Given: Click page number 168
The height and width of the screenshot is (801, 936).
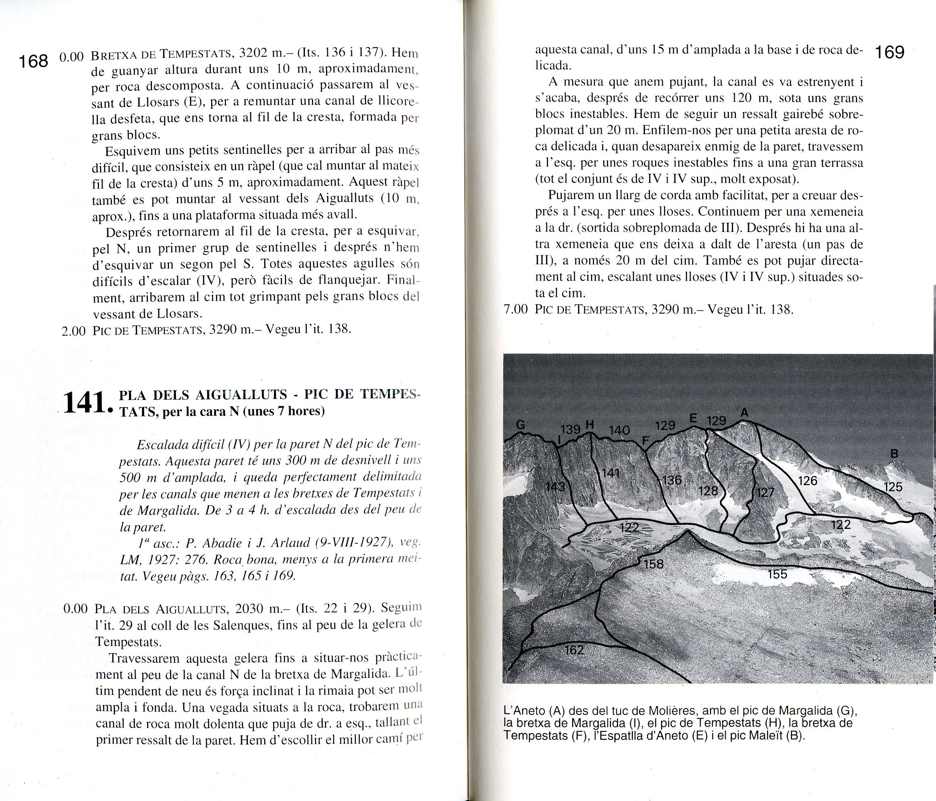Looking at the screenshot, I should click(33, 61).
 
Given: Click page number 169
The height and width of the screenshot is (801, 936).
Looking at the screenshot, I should click(889, 53).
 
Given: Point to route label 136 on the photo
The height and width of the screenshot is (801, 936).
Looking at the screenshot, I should click(671, 480).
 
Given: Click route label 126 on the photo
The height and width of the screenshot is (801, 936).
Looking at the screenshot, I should click(807, 480).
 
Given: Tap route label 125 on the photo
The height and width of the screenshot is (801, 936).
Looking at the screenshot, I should click(893, 487).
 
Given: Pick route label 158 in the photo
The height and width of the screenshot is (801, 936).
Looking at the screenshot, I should click(653, 564).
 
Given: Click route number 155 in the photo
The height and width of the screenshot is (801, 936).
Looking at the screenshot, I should click(777, 574).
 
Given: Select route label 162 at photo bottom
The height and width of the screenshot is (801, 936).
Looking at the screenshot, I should click(574, 650).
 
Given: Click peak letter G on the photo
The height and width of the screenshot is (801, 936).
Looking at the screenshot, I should click(520, 425).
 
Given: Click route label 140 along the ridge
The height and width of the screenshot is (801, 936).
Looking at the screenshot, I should click(619, 430).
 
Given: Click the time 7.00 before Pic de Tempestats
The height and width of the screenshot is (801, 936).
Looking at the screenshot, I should click(515, 310).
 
